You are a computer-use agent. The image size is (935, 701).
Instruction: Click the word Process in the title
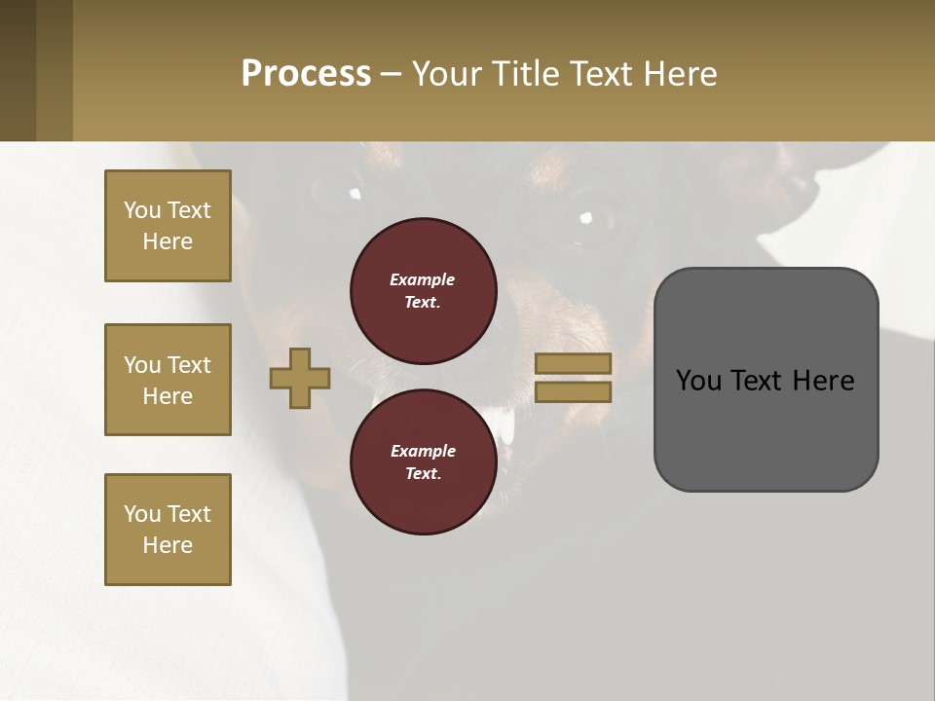(306, 74)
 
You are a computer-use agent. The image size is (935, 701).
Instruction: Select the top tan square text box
(168, 226)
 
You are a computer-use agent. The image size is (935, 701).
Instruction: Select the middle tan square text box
(168, 380)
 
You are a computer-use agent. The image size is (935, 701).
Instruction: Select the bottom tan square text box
(168, 530)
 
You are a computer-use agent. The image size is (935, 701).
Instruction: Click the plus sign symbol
(300, 378)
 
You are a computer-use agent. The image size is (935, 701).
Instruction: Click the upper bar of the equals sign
(573, 363)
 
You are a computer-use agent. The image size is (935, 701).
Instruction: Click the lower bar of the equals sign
(573, 391)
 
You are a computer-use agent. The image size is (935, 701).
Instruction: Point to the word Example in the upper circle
(423, 279)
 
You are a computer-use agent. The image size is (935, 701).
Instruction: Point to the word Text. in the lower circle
(423, 474)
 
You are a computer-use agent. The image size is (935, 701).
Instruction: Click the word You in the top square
(142, 210)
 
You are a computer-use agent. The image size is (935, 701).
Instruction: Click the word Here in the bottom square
(168, 545)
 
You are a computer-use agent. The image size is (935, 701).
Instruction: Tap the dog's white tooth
(506, 425)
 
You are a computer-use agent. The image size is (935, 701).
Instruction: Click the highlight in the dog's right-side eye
(585, 216)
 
